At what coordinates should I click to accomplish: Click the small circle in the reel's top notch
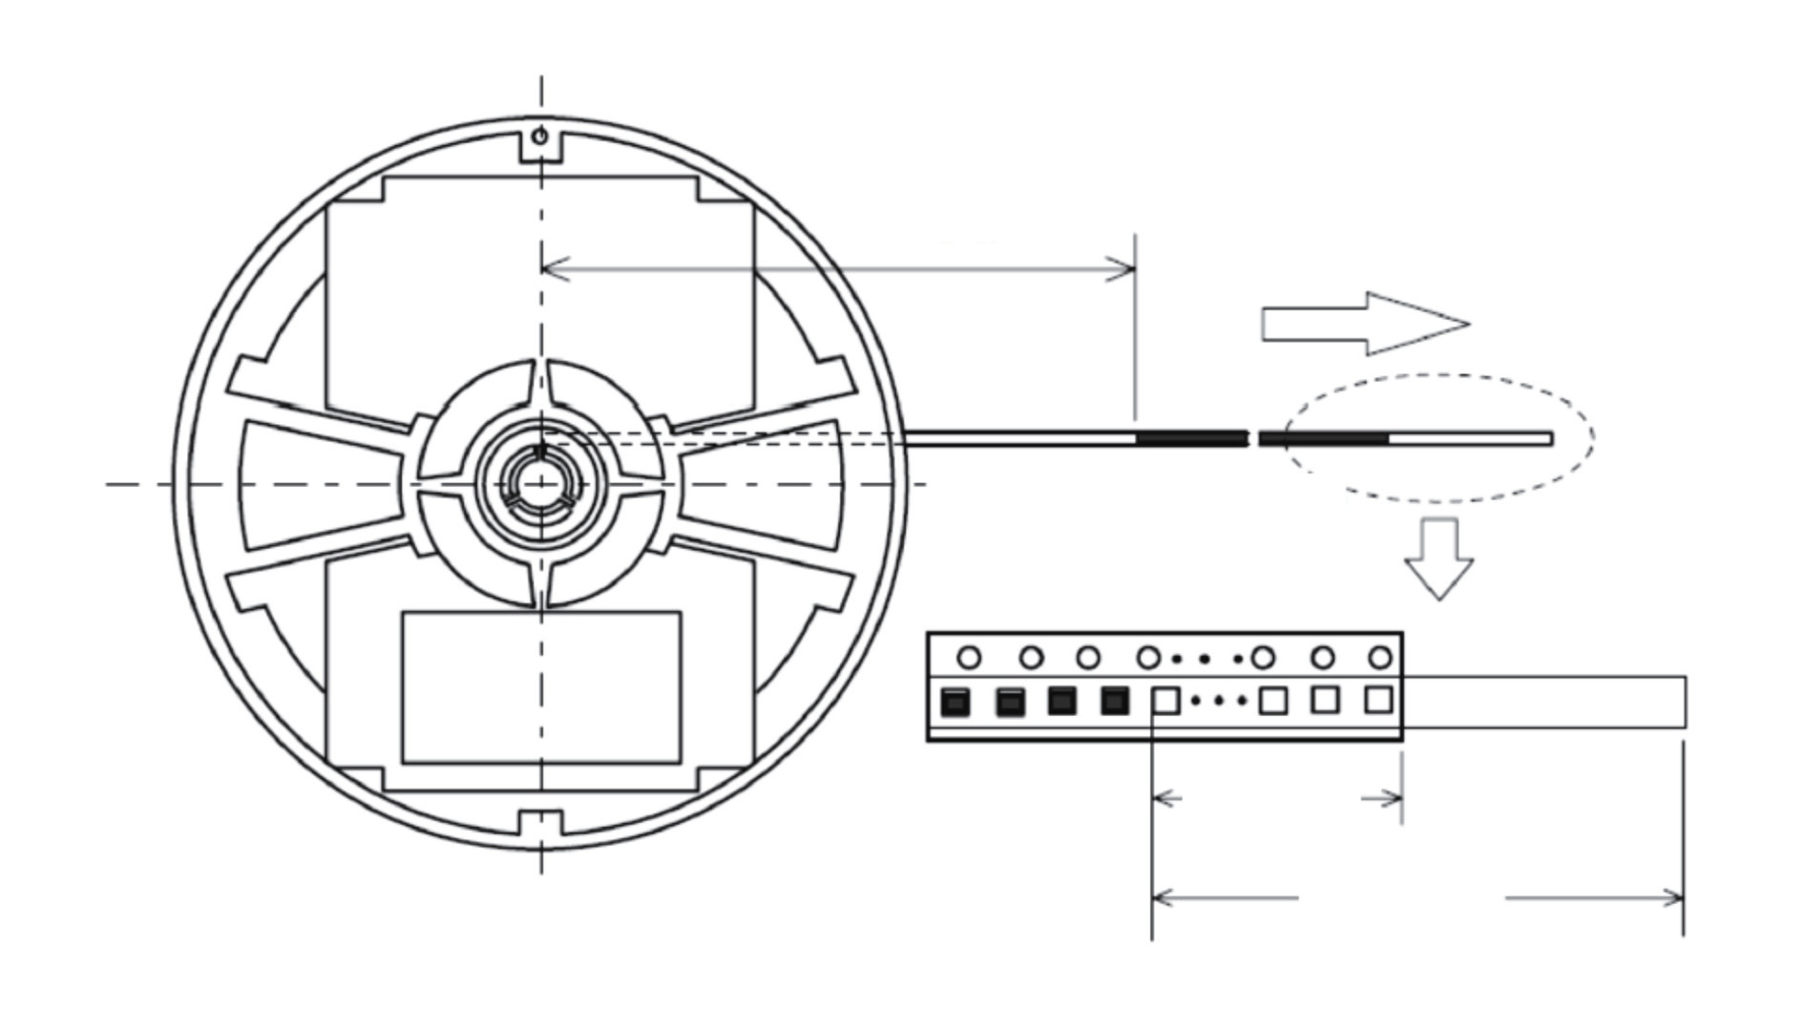point(540,137)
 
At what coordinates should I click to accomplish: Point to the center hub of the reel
point(541,484)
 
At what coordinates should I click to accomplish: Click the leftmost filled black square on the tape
point(955,703)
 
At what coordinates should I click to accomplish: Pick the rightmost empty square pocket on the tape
point(1377,701)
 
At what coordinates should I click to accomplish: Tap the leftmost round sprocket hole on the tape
point(969,658)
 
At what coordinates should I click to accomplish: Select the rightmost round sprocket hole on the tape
point(1380,657)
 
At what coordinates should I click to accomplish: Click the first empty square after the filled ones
point(1165,702)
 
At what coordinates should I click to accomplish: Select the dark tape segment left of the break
point(1191,439)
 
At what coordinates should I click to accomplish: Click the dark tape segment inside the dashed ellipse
point(1325,439)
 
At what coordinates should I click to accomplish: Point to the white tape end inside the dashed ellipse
point(1470,439)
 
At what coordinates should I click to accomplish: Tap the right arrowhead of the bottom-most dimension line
point(1674,897)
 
